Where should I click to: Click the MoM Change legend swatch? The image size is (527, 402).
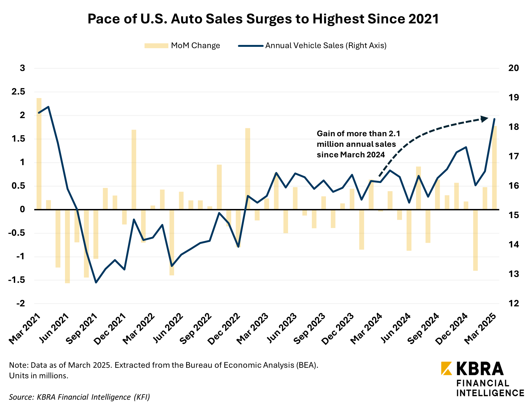(x=156, y=46)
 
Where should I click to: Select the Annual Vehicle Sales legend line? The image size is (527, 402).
(x=251, y=46)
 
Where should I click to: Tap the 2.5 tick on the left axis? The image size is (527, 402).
(x=18, y=92)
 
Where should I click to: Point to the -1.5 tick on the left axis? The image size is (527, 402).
(x=17, y=280)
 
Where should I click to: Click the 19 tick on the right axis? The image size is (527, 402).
(x=513, y=97)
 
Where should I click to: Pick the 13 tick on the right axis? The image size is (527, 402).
(x=513, y=274)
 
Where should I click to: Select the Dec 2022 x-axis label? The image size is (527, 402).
(x=225, y=329)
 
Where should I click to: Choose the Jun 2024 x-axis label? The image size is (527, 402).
(x=396, y=329)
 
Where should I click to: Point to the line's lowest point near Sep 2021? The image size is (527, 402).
(x=96, y=283)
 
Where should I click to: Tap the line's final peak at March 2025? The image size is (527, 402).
(x=495, y=119)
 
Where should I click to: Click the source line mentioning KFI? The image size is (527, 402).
(x=79, y=397)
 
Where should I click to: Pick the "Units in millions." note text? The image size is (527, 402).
(x=39, y=376)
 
